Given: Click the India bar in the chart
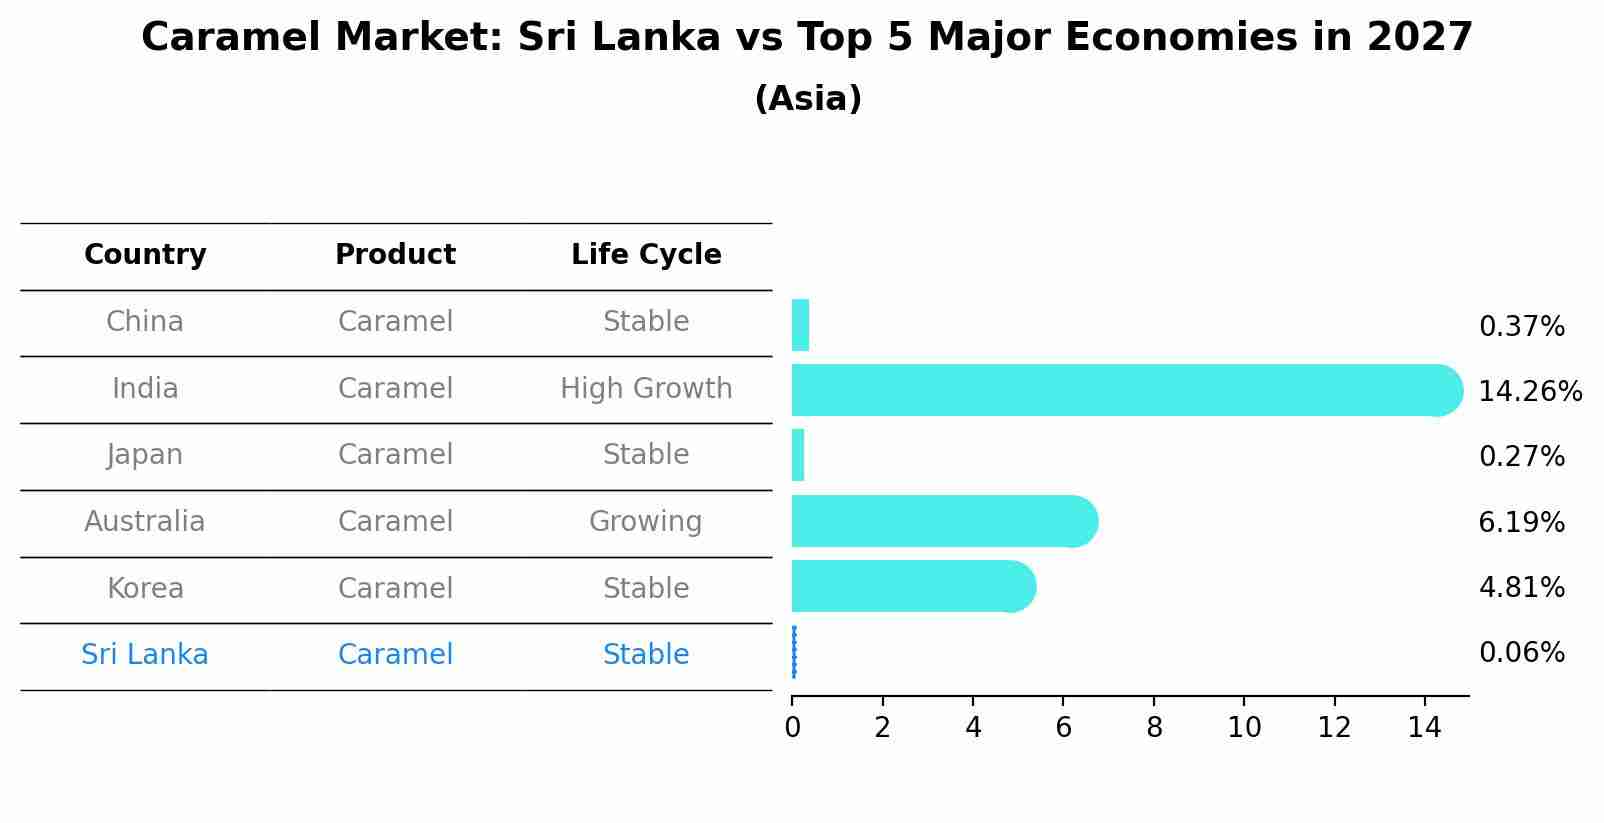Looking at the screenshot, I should pyautogui.click(x=1120, y=390).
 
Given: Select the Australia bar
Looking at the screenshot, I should pyautogui.click(x=940, y=521).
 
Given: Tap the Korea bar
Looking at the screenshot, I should pyautogui.click(x=910, y=586).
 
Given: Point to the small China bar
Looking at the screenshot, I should pyautogui.click(x=800, y=325).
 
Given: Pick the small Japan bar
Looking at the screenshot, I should pyautogui.click(x=798, y=455).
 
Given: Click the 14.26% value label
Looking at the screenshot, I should pyautogui.click(x=1529, y=391).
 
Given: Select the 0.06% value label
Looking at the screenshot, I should pyautogui.click(x=1521, y=653).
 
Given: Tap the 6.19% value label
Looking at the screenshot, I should pyautogui.click(x=1521, y=522).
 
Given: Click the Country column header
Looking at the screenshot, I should pyautogui.click(x=145, y=255).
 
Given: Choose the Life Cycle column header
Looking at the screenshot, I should pyautogui.click(x=646, y=255).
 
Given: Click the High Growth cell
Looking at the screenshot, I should pyautogui.click(x=646, y=388).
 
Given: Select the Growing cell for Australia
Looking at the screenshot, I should pyautogui.click(x=646, y=521).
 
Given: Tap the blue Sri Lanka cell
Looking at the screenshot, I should pyautogui.click(x=145, y=655).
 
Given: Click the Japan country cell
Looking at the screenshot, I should pyautogui.click(x=145, y=455).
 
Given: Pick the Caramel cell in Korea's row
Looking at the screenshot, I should pyautogui.click(x=395, y=588).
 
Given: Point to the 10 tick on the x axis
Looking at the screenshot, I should pyautogui.click(x=1244, y=727).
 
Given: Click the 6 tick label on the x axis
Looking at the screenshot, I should pyautogui.click(x=1063, y=727).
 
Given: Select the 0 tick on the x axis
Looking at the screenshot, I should pyautogui.click(x=792, y=727).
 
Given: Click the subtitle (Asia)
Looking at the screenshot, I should pyautogui.click(x=808, y=99).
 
